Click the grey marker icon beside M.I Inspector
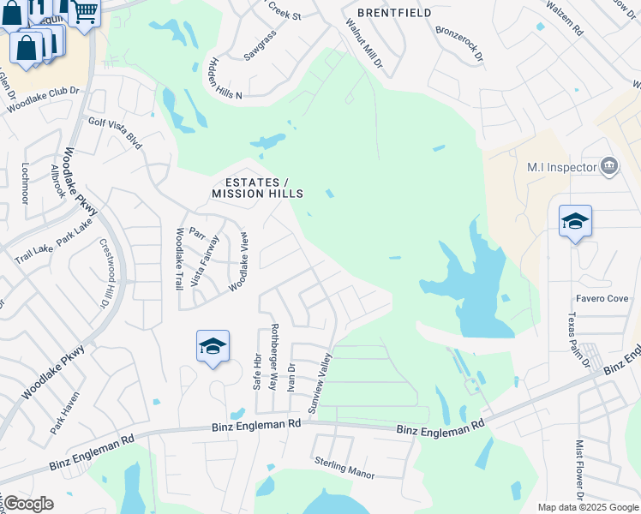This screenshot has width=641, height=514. click(609, 165)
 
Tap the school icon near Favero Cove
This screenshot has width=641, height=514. click(575, 222)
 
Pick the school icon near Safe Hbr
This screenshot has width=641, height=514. click(213, 347)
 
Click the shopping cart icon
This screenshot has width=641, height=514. click(85, 13)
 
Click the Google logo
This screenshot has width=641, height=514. click(29, 504)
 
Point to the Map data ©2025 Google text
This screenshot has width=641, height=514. click(588, 507)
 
